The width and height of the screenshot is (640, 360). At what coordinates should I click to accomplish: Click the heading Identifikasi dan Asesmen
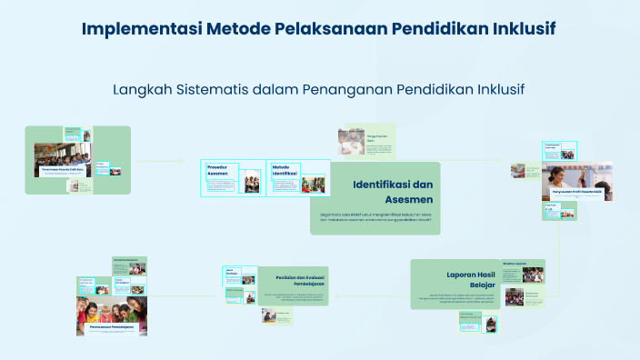(393, 192)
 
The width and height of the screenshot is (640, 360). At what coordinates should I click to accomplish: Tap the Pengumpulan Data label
(377, 138)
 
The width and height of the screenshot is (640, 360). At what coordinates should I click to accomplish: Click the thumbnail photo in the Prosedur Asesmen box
(252, 184)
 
